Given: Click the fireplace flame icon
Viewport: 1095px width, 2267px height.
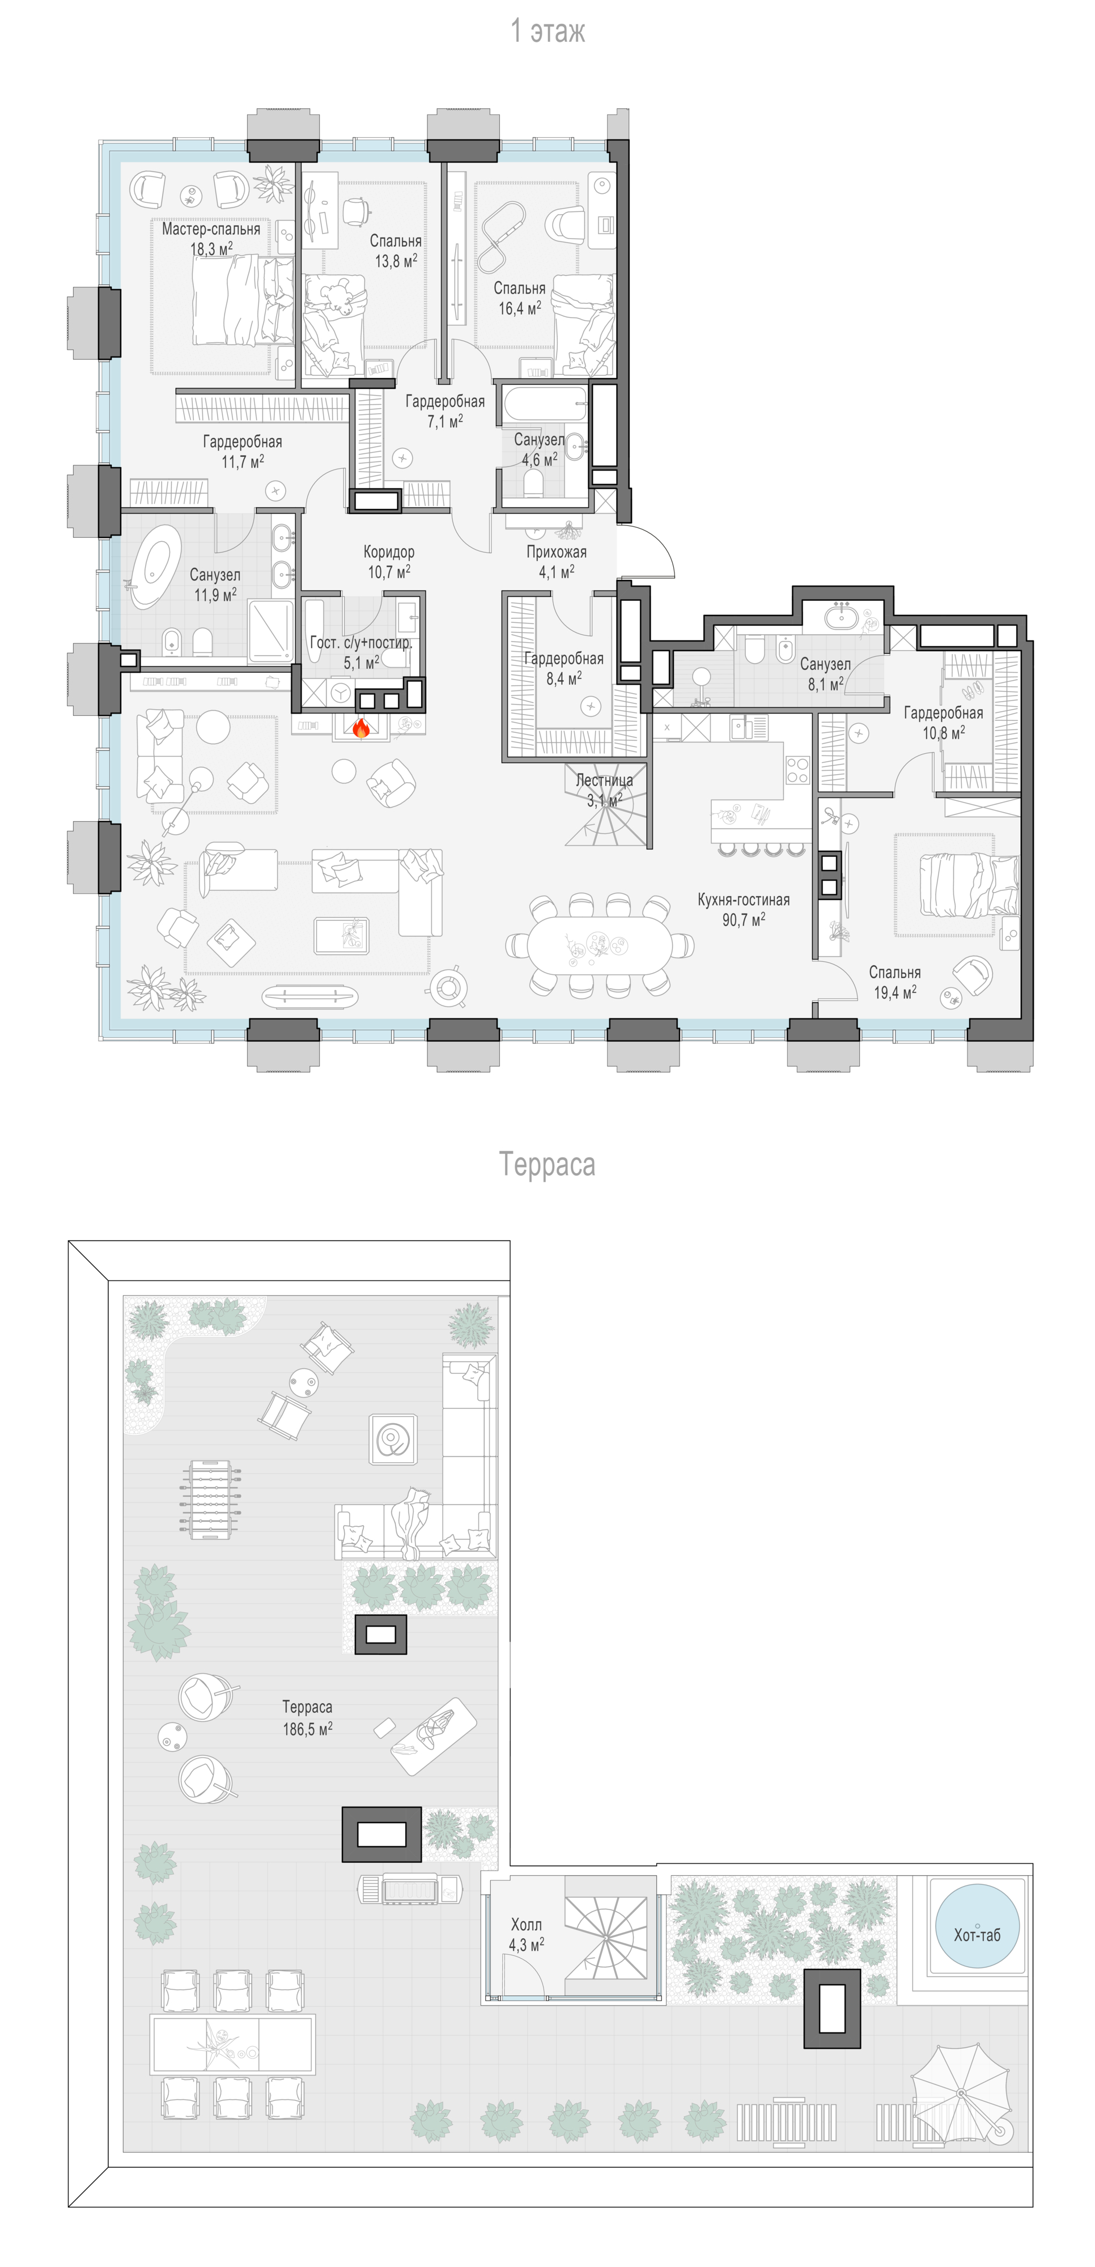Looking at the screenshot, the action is tap(360, 728).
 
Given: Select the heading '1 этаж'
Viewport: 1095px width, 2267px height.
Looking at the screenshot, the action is tap(547, 31).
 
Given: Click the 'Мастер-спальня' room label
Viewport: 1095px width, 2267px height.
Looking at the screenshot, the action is tap(211, 229).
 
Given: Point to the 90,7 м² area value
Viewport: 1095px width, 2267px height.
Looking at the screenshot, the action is tap(744, 920).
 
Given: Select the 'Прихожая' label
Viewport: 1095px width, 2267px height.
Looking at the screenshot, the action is tap(557, 552).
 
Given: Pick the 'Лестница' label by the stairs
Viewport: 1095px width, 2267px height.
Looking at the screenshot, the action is tap(604, 780).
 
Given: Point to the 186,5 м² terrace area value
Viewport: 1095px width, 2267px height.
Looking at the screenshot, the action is tap(307, 1729).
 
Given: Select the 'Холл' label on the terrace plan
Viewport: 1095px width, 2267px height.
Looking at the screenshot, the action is tap(527, 1925).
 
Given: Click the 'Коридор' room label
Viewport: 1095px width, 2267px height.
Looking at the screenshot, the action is tap(389, 552).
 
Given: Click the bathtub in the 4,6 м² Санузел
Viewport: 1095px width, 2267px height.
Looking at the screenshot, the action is tap(545, 406).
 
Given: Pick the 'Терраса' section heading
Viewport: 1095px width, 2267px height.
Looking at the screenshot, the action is tap(547, 1164).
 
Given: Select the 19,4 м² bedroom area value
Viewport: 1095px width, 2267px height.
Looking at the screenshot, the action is tap(895, 992).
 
